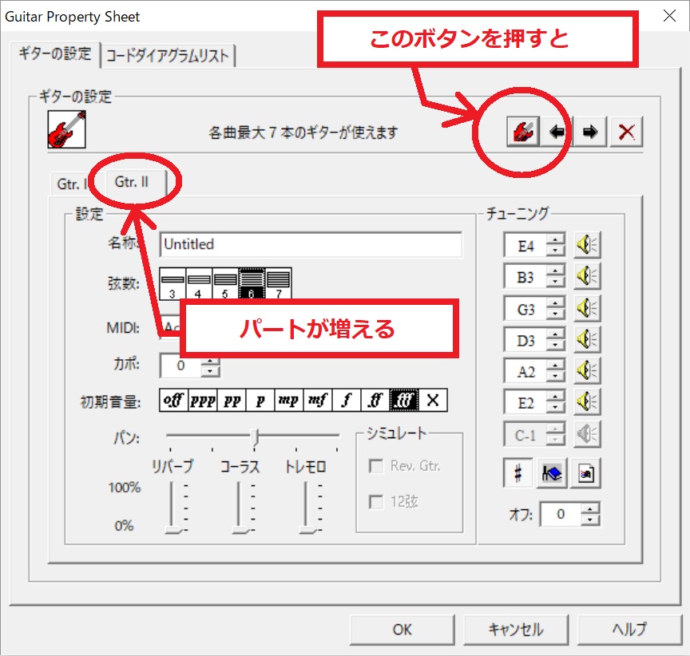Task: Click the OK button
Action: [402, 629]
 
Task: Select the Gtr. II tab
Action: [132, 182]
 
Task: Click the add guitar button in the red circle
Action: [522, 132]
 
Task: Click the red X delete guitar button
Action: [627, 132]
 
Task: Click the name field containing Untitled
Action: [311, 244]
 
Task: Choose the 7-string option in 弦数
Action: [278, 283]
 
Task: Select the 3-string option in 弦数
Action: [172, 283]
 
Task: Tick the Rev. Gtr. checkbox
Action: [375, 466]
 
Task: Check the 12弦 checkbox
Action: [375, 502]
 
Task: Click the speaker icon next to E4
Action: [588, 245]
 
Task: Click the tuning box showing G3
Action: [526, 307]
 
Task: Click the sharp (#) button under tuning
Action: [517, 473]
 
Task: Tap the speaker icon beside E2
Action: [588, 401]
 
